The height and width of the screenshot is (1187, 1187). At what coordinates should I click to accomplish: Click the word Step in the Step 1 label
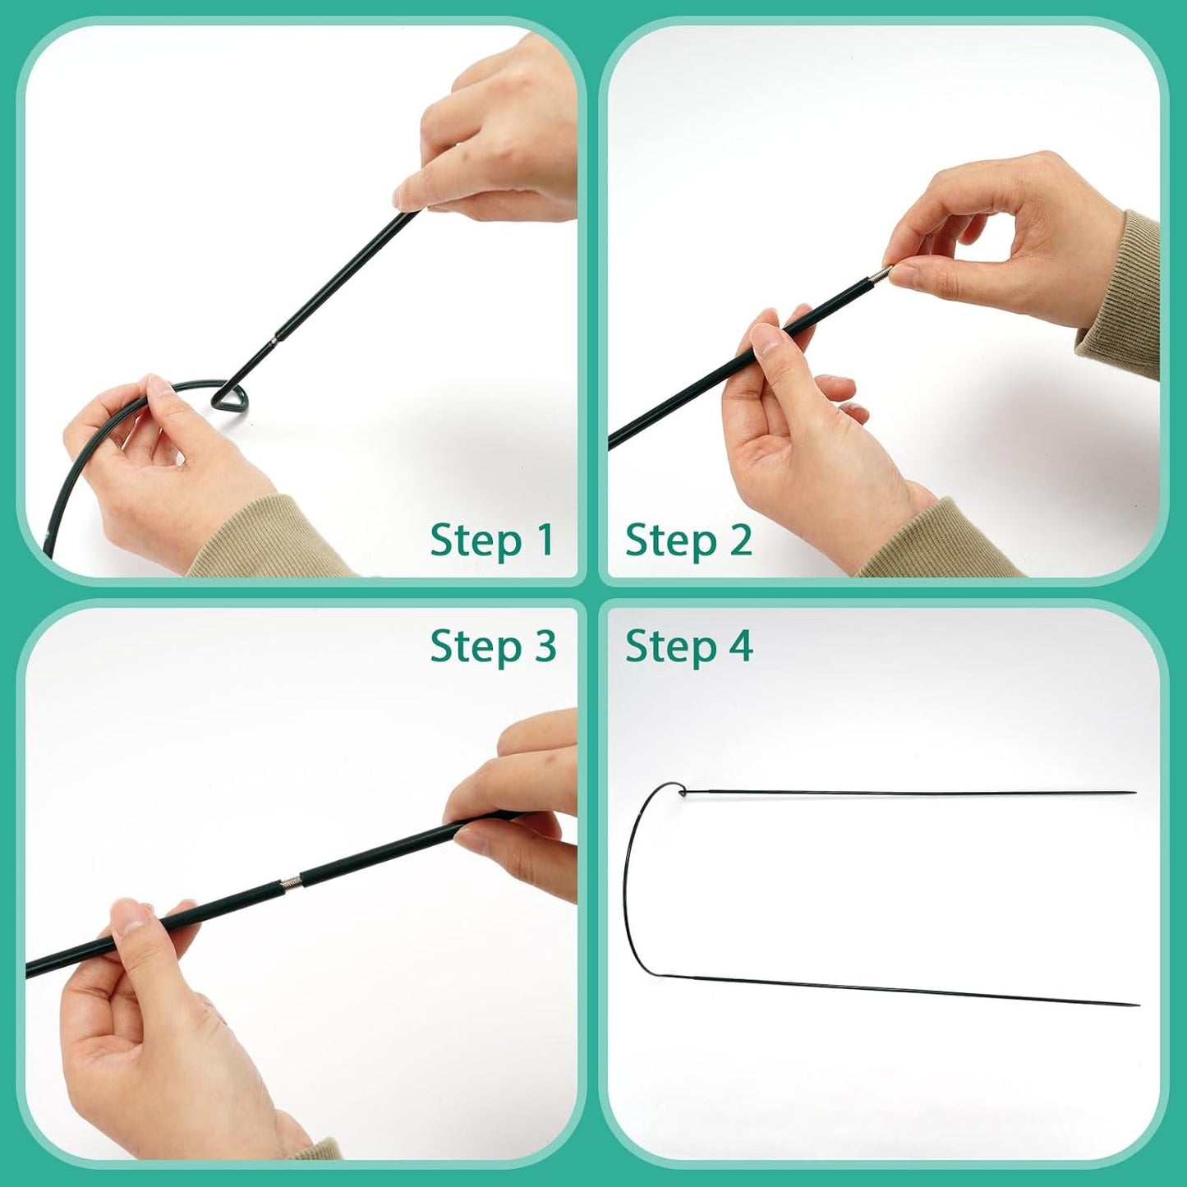coord(476,542)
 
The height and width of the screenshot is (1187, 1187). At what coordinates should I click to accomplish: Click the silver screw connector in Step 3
coord(291,884)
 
